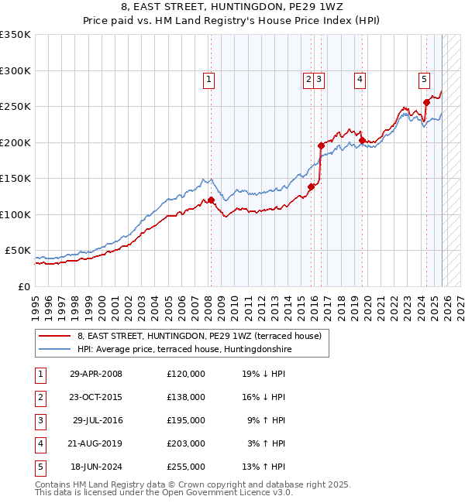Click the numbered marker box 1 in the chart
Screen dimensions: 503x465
click(x=209, y=78)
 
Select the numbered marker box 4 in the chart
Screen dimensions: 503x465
click(x=360, y=78)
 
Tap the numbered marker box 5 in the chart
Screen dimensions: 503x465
click(x=424, y=78)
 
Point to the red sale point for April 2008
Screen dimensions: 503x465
click(x=211, y=200)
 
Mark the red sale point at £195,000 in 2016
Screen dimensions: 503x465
click(x=321, y=145)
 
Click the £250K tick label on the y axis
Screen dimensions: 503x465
click(x=15, y=107)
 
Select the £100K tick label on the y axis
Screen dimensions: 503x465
click(x=15, y=214)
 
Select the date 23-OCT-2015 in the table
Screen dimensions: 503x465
click(x=96, y=397)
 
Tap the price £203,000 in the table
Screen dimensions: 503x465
click(x=185, y=443)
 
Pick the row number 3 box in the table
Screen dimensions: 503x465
click(x=40, y=420)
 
